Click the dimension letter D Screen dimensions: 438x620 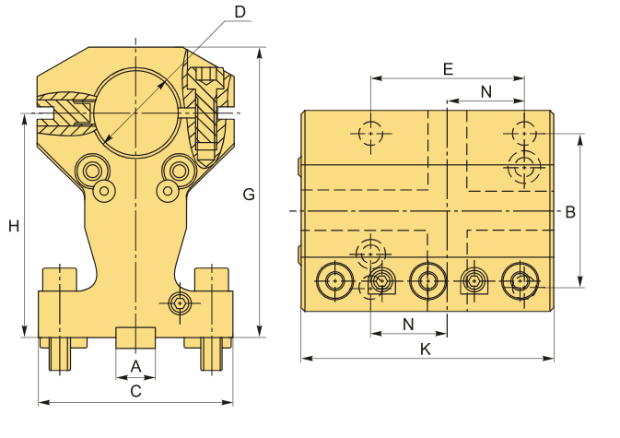[x=240, y=12]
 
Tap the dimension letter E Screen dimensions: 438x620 [x=448, y=69]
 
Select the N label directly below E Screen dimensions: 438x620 [x=485, y=90]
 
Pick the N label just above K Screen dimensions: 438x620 [x=408, y=324]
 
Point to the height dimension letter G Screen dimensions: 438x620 [x=249, y=194]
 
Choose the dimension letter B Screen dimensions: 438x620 [x=570, y=211]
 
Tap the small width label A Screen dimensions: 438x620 [x=135, y=366]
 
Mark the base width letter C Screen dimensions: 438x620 [x=135, y=391]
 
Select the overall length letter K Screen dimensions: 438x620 [x=425, y=349]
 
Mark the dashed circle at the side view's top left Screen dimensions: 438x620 [x=370, y=134]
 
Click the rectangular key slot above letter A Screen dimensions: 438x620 [x=135, y=337]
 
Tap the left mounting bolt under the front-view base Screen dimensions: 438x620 [x=58, y=353]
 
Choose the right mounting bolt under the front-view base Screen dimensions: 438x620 [x=213, y=353]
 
